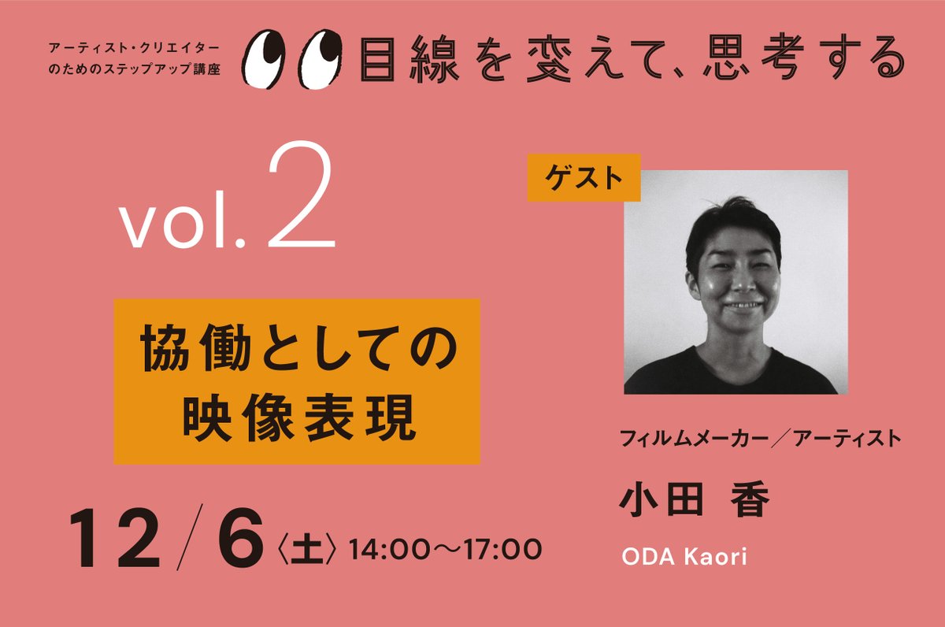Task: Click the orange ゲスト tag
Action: pos(584,177)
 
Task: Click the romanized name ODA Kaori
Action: pos(684,557)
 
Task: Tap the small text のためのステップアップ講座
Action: pos(132,69)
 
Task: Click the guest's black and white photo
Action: pos(736,281)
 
